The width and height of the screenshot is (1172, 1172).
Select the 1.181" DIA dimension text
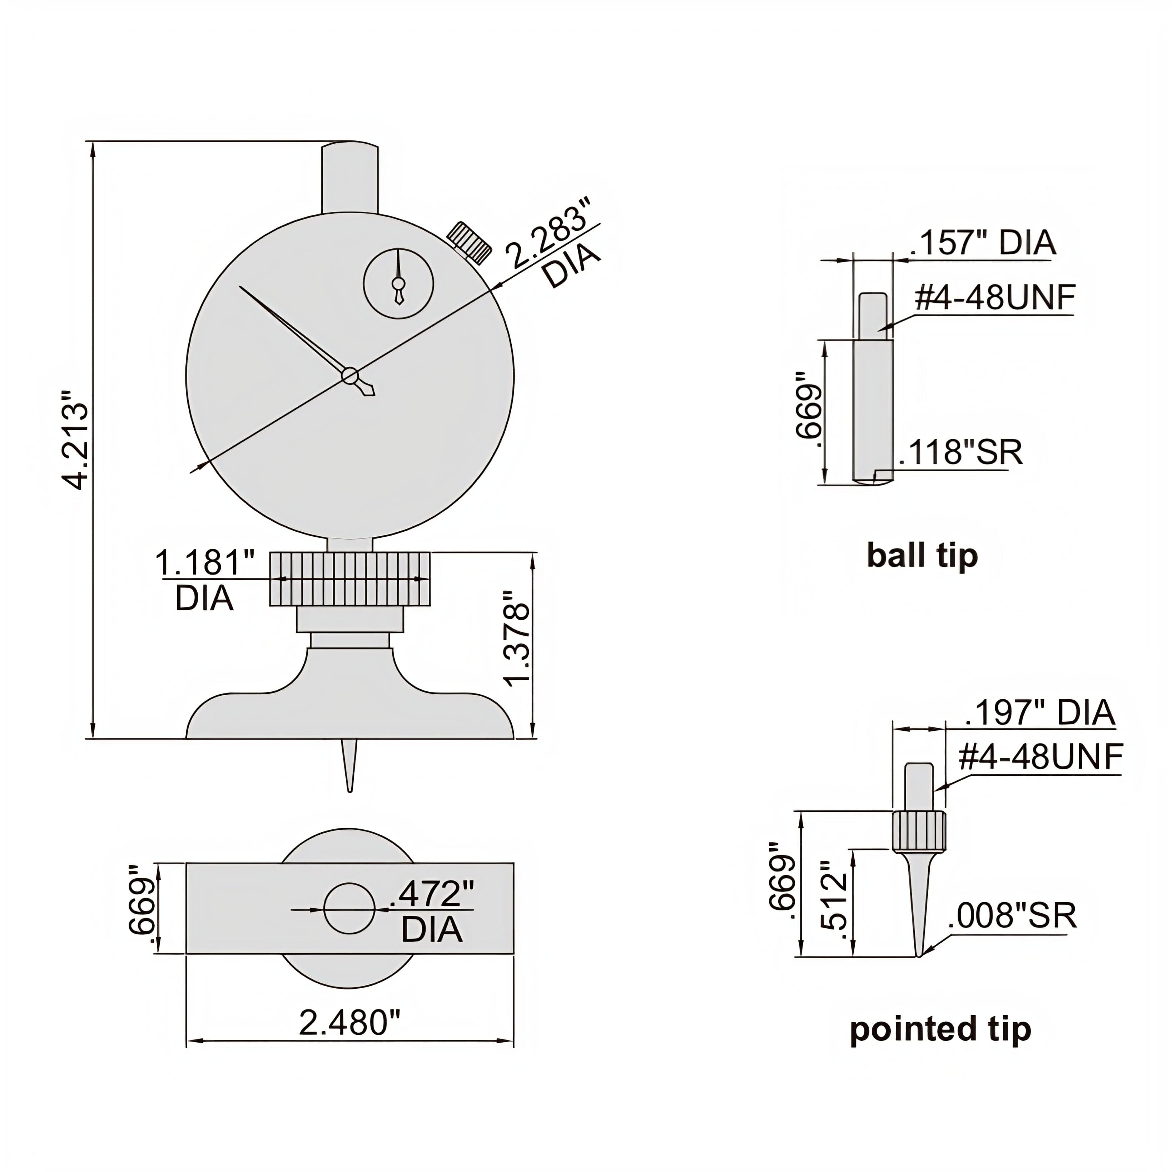coord(205,562)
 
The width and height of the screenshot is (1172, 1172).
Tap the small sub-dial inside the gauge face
coord(398,283)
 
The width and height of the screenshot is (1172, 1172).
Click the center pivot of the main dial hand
coord(349,376)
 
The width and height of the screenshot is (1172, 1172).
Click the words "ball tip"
coord(922,556)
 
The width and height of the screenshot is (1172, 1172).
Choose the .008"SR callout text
coord(1012,916)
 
